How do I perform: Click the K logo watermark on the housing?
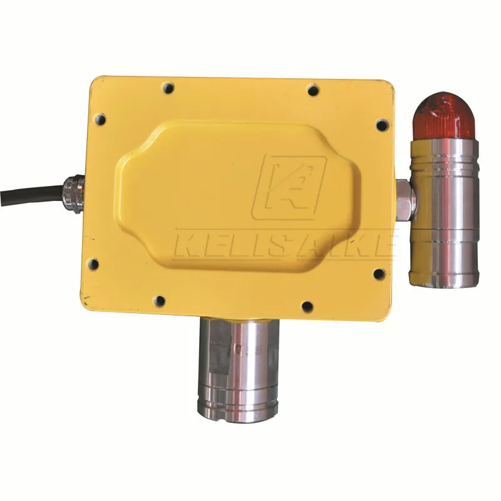[x=289, y=187]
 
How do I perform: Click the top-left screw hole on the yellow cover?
[x=168, y=88]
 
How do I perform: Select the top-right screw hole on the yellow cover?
[x=314, y=90]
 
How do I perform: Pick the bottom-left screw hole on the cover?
[x=160, y=300]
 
